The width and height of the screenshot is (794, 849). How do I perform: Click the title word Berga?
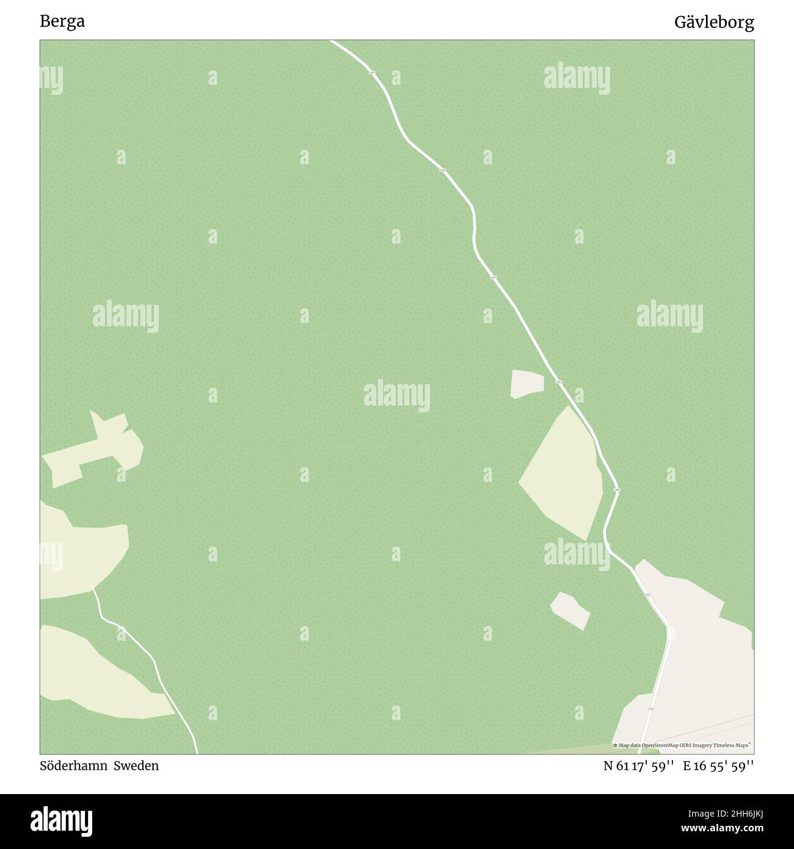point(62,22)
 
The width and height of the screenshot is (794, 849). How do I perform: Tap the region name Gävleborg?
point(713,23)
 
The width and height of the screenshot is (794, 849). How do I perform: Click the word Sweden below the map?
point(139,765)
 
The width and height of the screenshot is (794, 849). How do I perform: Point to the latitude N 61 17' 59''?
point(638,765)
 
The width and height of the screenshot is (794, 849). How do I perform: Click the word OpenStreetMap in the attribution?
point(657,745)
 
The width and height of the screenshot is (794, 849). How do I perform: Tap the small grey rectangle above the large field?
point(526,384)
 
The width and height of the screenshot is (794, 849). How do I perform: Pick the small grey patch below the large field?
point(570,610)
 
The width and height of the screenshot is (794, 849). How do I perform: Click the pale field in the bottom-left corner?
point(98,678)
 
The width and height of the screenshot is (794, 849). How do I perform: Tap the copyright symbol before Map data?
point(615,745)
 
